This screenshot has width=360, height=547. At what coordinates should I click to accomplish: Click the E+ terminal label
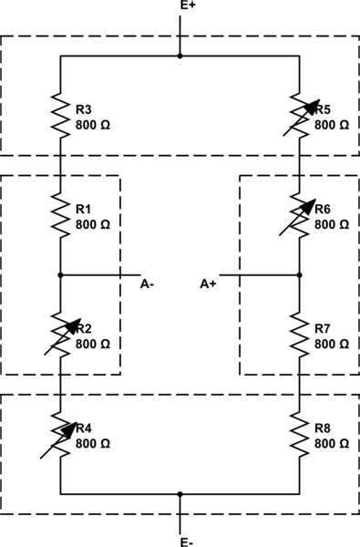186,6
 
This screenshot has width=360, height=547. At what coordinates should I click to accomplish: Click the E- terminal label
186,542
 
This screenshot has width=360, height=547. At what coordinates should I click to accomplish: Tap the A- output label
147,284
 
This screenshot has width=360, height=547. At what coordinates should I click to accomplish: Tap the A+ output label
209,284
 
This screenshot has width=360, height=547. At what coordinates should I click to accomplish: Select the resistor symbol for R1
60,216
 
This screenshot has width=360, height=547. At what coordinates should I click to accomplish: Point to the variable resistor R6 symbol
300,216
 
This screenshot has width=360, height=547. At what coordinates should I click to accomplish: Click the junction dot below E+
180,56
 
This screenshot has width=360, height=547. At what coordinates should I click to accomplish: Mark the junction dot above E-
180,493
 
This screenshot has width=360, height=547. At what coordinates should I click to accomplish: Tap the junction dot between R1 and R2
60,273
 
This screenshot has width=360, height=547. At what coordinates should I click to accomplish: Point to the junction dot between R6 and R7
300,273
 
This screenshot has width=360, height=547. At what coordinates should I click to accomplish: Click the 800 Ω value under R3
92,123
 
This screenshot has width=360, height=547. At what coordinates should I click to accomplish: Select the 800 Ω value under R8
332,443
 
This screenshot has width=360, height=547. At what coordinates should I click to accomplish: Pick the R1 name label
83,209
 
